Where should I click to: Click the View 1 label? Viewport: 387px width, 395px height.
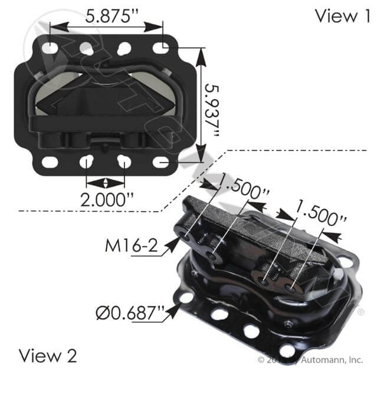(x=343, y=16)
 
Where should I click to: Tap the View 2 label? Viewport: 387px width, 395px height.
(x=48, y=355)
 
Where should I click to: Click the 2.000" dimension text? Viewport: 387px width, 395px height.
(x=107, y=199)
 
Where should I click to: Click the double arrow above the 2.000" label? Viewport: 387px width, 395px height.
(x=106, y=182)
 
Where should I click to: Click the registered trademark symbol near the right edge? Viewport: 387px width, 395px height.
(x=360, y=312)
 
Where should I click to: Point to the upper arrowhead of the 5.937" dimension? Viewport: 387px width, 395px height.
(x=202, y=51)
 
